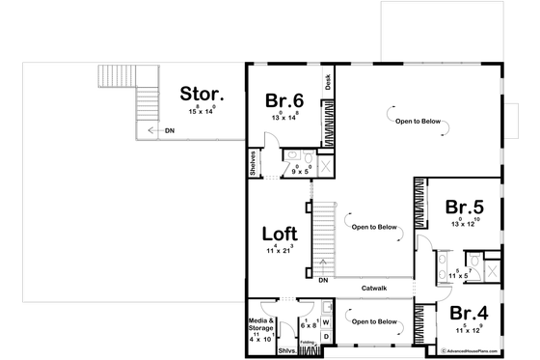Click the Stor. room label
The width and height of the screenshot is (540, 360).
(x=202, y=95)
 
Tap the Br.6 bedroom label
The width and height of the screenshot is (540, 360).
(x=284, y=99)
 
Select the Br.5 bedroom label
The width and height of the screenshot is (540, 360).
(x=464, y=207)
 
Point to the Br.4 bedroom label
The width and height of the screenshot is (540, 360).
(x=470, y=313)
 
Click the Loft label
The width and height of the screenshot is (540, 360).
(x=280, y=234)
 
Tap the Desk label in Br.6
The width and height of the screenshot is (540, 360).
(x=328, y=84)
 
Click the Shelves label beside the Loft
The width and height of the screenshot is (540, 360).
(x=252, y=164)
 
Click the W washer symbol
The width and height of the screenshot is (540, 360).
(x=325, y=319)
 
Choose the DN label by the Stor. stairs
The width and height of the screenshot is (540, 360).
(x=170, y=129)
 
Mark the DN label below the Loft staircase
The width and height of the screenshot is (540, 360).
(x=325, y=280)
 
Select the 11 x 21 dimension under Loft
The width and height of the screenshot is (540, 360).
(x=280, y=250)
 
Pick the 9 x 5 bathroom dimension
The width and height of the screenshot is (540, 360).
(x=301, y=171)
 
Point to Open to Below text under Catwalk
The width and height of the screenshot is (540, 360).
(x=374, y=320)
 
